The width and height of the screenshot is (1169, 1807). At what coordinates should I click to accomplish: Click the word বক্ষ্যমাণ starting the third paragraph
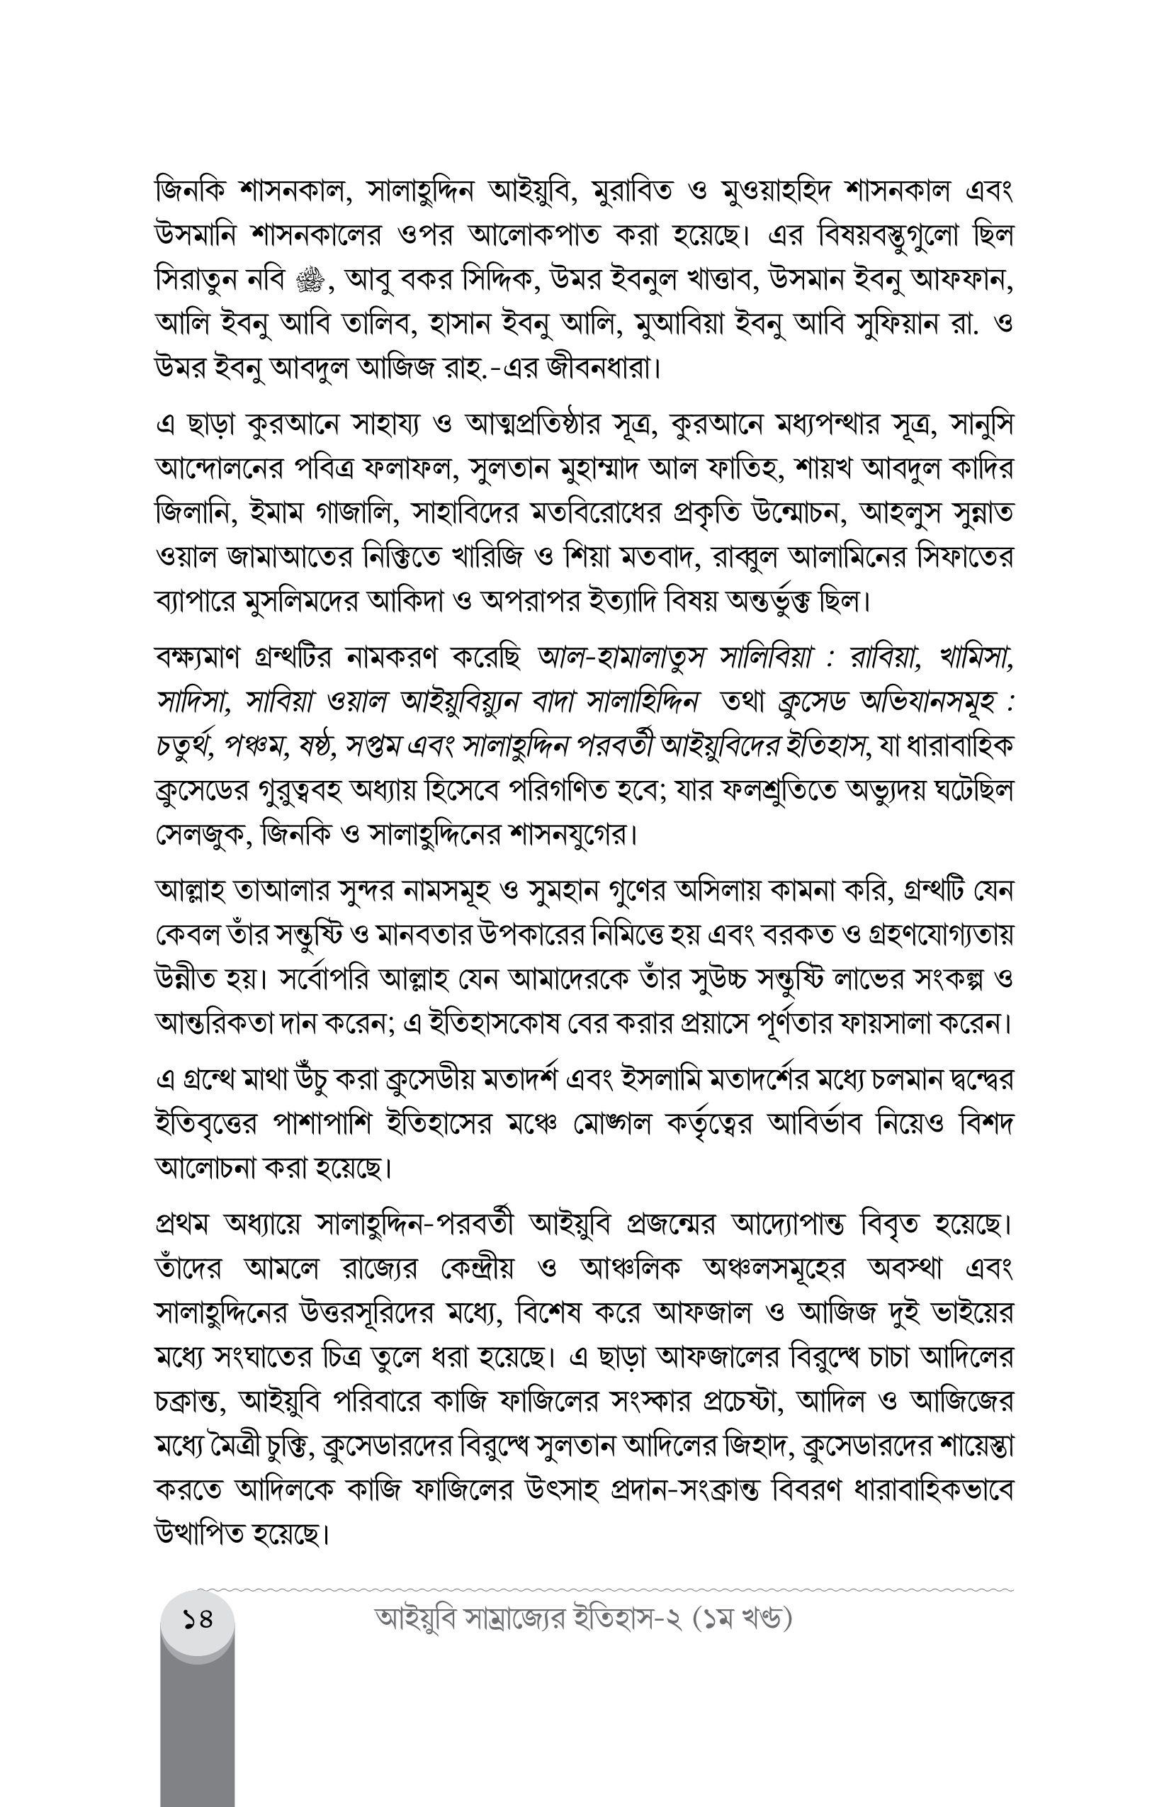[x=198, y=658]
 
